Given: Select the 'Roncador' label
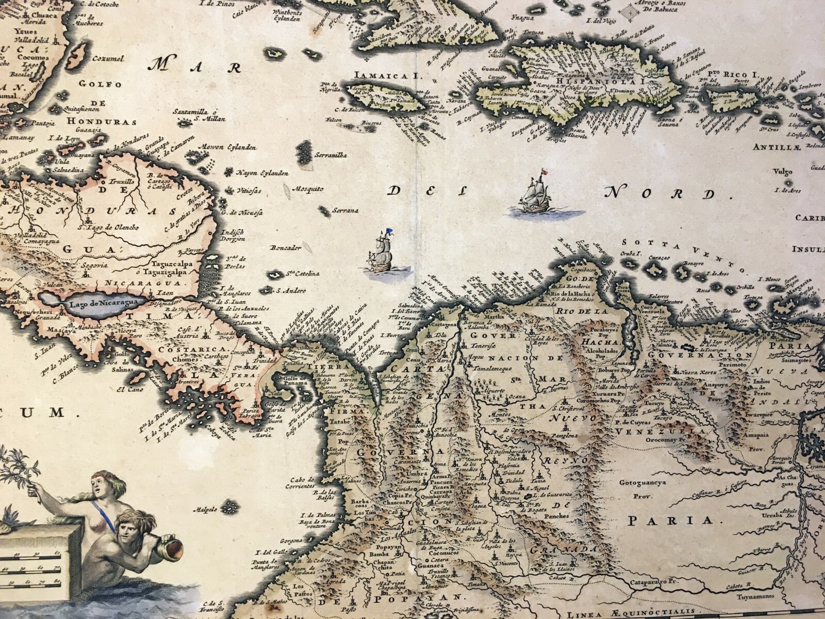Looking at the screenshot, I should [285, 248].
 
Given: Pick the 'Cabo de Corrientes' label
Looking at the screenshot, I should [302, 482].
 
